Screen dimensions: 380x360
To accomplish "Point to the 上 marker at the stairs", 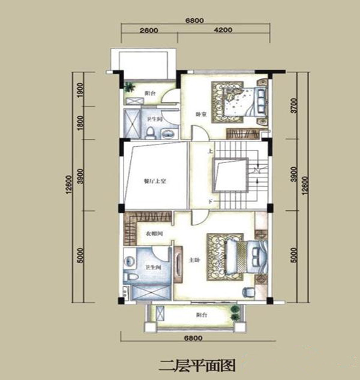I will pos(209,152).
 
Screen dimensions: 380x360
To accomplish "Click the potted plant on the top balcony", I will pos(129,87).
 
